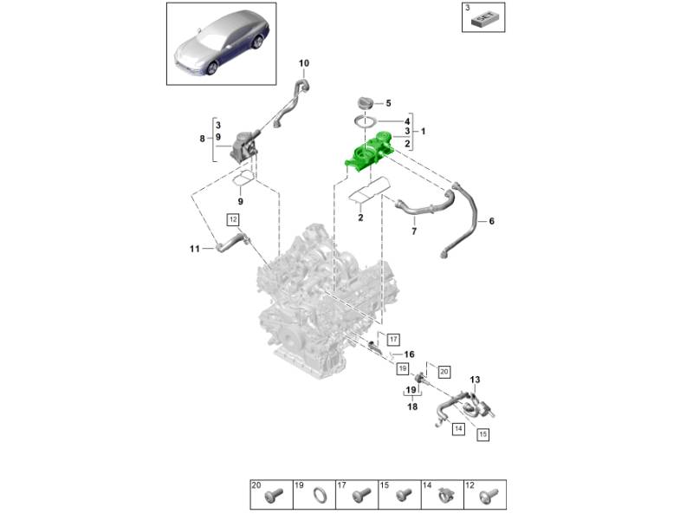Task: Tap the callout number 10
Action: point(304,63)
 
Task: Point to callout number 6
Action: point(491,222)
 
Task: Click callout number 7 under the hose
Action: point(413,231)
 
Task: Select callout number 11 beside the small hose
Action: point(195,250)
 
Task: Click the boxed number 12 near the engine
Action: point(233,219)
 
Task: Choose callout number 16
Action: point(410,354)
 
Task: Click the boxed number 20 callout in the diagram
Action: point(444,371)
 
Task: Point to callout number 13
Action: point(474,380)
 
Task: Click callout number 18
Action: point(412,406)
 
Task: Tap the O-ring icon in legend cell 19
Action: point(319,496)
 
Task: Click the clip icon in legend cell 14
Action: point(446,496)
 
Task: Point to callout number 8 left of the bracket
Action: point(202,138)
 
